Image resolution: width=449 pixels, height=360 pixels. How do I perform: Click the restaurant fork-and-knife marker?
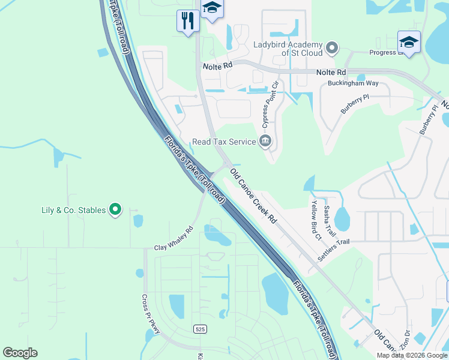(188, 21)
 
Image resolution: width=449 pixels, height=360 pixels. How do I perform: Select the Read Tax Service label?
(223, 142)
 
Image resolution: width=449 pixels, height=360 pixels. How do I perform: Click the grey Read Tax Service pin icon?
(265, 142)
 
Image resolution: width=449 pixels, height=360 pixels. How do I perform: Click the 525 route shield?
(200, 329)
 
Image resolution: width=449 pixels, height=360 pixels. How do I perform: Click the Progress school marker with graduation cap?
(409, 42)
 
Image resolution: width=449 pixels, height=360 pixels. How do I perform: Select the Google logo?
(20, 353)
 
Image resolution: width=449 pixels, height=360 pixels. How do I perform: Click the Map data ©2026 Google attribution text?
(412, 355)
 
